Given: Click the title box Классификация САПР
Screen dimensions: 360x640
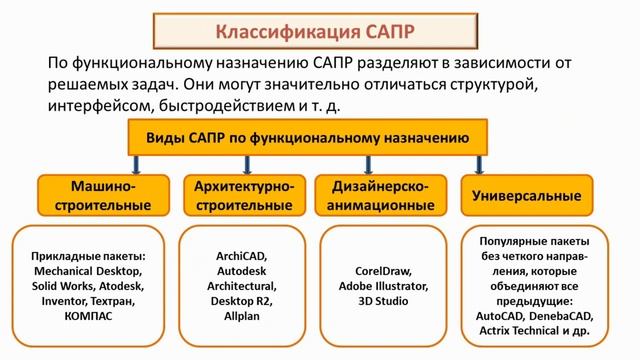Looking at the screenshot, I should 319,26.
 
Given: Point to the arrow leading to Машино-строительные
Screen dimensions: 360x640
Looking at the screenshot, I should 132,165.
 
